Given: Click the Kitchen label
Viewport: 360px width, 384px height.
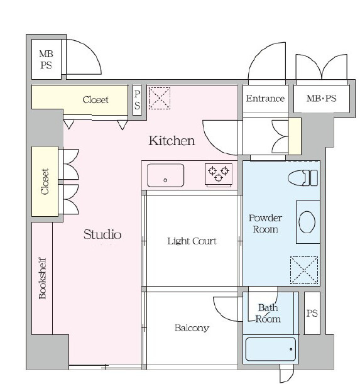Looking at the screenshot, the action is (x=172, y=141).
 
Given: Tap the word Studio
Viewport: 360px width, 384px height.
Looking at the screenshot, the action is (x=102, y=234).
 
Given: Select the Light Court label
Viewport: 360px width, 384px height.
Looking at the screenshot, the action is (x=192, y=241).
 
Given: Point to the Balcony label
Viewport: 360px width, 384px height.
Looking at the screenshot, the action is (x=192, y=328).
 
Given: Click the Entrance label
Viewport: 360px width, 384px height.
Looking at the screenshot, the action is (x=265, y=99).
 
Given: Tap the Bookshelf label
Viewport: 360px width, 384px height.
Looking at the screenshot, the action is (x=42, y=278).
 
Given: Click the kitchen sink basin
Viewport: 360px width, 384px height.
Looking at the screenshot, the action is (x=165, y=175).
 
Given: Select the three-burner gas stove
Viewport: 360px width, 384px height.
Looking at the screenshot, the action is (x=219, y=175).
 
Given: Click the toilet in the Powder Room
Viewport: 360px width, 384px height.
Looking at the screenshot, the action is (x=303, y=178).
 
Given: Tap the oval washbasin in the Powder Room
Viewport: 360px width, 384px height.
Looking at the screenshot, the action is (x=307, y=222).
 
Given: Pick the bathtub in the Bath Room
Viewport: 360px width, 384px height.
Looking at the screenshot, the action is (x=270, y=349).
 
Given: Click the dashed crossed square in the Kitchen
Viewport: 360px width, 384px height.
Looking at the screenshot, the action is (x=160, y=98).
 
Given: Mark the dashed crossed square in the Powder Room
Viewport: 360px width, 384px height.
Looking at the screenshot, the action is (x=304, y=270).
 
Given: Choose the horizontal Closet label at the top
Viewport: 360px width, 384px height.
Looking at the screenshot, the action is (x=95, y=100).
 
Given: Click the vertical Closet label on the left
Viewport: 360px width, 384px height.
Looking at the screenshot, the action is (x=45, y=182).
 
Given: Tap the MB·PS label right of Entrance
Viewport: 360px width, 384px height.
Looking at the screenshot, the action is (x=321, y=99).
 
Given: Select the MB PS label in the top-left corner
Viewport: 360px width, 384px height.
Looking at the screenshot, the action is (x=46, y=60).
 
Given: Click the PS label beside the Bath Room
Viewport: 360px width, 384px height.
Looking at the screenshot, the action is (x=312, y=313).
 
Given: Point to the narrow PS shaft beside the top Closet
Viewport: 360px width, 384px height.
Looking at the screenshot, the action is (x=137, y=100).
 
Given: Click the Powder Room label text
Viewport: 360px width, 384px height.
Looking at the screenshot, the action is (x=265, y=224).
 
